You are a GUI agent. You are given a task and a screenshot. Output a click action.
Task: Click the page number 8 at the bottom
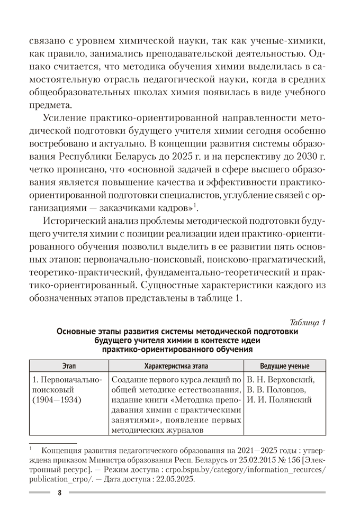(x=59, y=493)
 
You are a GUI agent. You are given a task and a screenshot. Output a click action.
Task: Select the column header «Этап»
(x=69, y=366)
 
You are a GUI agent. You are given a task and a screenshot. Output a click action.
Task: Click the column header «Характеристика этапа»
(x=176, y=366)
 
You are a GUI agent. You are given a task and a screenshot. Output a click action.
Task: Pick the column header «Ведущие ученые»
(x=285, y=366)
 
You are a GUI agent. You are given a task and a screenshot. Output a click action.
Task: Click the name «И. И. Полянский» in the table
(x=278, y=400)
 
